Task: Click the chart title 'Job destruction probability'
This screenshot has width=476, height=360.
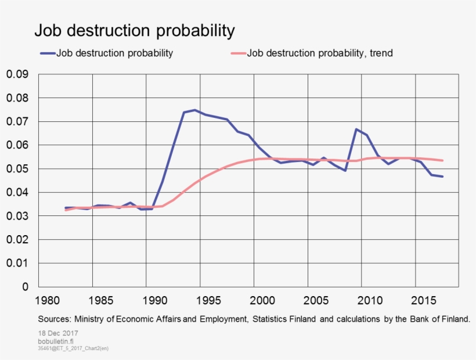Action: point(134,30)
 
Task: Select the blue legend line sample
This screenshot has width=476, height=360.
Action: point(47,53)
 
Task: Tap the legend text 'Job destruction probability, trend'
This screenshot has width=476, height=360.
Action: point(320,53)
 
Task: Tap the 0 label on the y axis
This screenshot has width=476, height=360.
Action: point(25,287)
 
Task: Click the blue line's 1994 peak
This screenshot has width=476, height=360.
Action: point(194,110)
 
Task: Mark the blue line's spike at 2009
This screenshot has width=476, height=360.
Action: point(356,129)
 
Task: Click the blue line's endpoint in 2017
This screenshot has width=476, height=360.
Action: point(442,177)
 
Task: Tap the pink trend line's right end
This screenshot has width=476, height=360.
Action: point(442,161)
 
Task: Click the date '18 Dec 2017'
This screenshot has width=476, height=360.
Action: point(58,333)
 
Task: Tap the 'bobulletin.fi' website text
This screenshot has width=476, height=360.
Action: point(56,341)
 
